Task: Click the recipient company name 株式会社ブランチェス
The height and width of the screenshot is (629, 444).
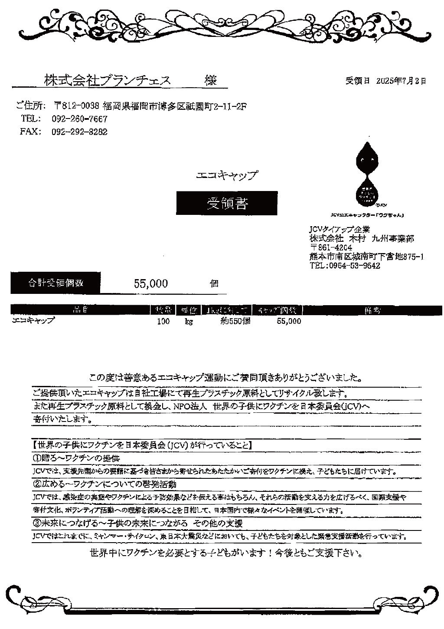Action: [x=107, y=80]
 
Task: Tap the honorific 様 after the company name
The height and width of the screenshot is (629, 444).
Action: [x=211, y=80]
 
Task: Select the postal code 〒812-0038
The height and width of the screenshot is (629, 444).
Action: [x=77, y=106]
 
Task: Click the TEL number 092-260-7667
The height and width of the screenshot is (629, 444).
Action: [x=79, y=119]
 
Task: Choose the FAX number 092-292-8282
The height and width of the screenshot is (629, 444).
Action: [x=79, y=132]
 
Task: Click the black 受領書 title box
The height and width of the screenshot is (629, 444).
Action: [x=227, y=203]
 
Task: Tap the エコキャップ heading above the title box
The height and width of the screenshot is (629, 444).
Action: [x=227, y=175]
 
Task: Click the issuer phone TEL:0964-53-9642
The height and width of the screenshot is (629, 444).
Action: [x=345, y=266]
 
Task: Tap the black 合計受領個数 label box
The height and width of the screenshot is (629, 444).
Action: [x=55, y=283]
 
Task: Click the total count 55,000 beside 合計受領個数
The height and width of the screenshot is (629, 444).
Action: [x=151, y=284]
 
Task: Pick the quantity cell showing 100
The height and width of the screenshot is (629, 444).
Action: [x=163, y=322]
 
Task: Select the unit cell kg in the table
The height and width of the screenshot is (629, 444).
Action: [x=189, y=322]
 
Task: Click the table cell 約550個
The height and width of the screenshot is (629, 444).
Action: [x=235, y=322]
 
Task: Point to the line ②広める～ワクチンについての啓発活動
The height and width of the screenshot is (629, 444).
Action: [x=104, y=484]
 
